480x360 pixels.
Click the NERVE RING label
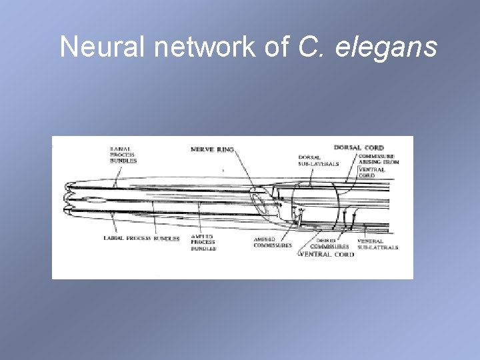point(212,149)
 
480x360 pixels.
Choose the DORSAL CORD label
point(359,147)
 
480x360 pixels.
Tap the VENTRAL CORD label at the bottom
point(327,254)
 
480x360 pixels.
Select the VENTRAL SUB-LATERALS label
point(377,244)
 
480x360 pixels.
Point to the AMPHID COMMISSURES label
point(273,242)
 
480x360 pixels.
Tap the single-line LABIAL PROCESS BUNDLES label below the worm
point(141,238)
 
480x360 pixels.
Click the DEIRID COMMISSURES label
point(326,244)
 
